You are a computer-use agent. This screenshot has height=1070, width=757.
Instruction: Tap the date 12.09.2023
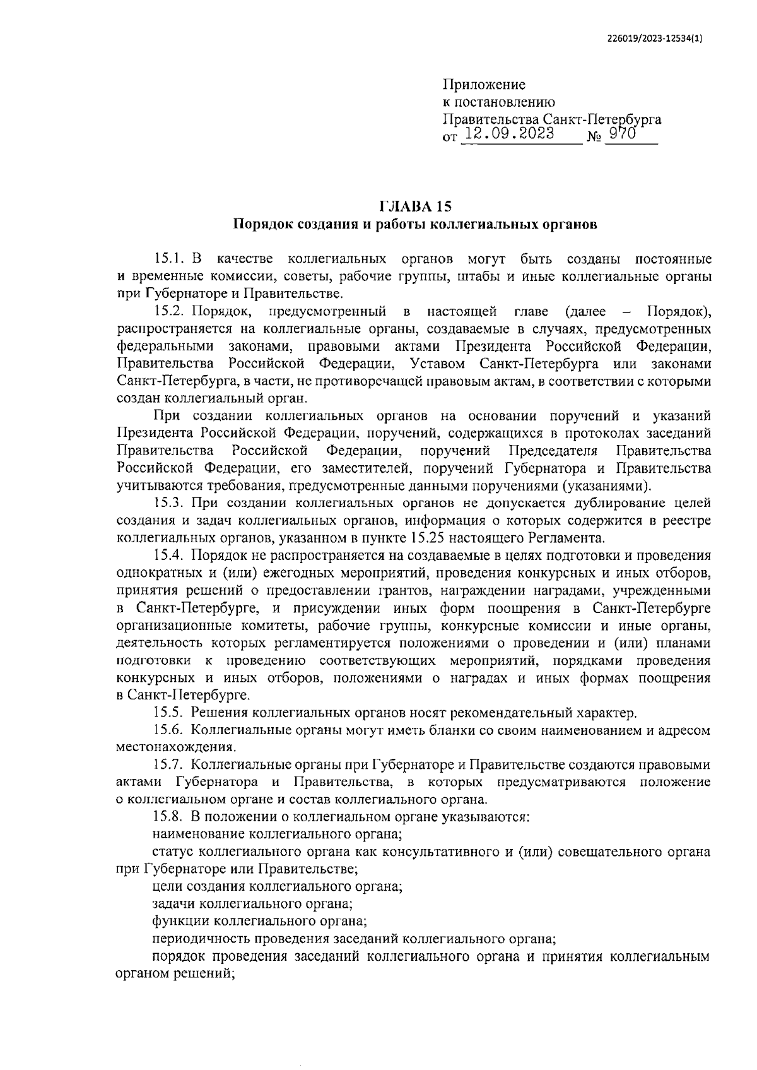click(509, 134)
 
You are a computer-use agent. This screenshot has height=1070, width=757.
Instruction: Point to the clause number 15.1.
click(168, 259)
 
